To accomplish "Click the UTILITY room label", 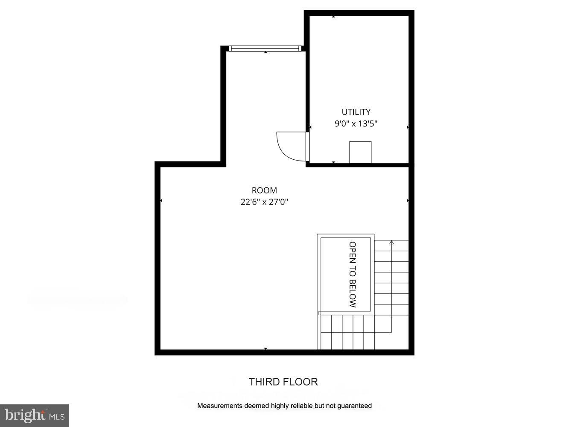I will [356, 112].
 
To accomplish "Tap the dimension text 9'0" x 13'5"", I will [356, 124].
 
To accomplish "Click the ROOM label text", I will [264, 190].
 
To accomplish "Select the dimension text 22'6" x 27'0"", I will [264, 202].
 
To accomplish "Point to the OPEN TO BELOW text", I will [353, 275].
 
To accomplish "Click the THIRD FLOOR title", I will [283, 382].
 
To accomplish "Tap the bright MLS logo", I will [34, 415].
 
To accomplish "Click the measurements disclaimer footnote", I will [284, 406].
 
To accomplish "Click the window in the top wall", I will [266, 48].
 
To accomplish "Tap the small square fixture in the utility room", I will [360, 152].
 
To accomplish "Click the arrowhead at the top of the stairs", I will [391, 243].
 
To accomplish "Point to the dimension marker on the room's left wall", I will [161, 201].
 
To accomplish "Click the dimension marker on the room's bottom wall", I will [266, 349].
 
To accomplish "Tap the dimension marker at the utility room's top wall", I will [333, 17].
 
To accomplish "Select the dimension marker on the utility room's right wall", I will [408, 127].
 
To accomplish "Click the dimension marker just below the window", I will [266, 53].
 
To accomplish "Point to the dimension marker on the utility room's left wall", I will [310, 127].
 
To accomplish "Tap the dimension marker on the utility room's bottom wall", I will [333, 162].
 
